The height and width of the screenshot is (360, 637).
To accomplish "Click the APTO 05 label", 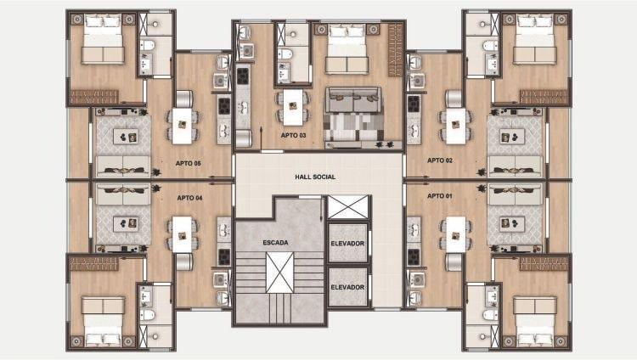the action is (x=188, y=163).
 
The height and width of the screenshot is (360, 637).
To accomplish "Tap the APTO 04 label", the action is (x=189, y=198).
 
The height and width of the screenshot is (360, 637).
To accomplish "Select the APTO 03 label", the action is (x=293, y=135).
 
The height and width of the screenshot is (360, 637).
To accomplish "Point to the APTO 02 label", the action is (x=440, y=160).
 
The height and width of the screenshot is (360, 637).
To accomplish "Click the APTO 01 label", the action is (x=440, y=196).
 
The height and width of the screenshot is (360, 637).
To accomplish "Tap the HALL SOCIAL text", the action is (x=315, y=177).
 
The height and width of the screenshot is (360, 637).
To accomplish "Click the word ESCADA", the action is (x=275, y=243).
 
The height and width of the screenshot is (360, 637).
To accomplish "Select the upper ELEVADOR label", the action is (x=347, y=244).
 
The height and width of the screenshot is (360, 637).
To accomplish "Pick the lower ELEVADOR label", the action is (x=347, y=287).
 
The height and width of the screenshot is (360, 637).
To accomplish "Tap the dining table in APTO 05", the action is (x=182, y=126).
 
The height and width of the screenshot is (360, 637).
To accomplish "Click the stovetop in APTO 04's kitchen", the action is (x=224, y=256).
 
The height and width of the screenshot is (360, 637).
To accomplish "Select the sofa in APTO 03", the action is (x=353, y=99).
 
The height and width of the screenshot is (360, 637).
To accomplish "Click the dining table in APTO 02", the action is (x=456, y=126).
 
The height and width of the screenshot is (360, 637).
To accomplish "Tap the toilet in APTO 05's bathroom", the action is (x=147, y=45).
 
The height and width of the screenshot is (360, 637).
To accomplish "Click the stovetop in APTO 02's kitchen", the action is (x=414, y=104).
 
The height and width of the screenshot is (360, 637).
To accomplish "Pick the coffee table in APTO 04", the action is (x=126, y=223).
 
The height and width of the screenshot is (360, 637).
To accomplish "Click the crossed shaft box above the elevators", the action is (x=347, y=207).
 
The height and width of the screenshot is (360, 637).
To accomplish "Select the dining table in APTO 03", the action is (x=292, y=107).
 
